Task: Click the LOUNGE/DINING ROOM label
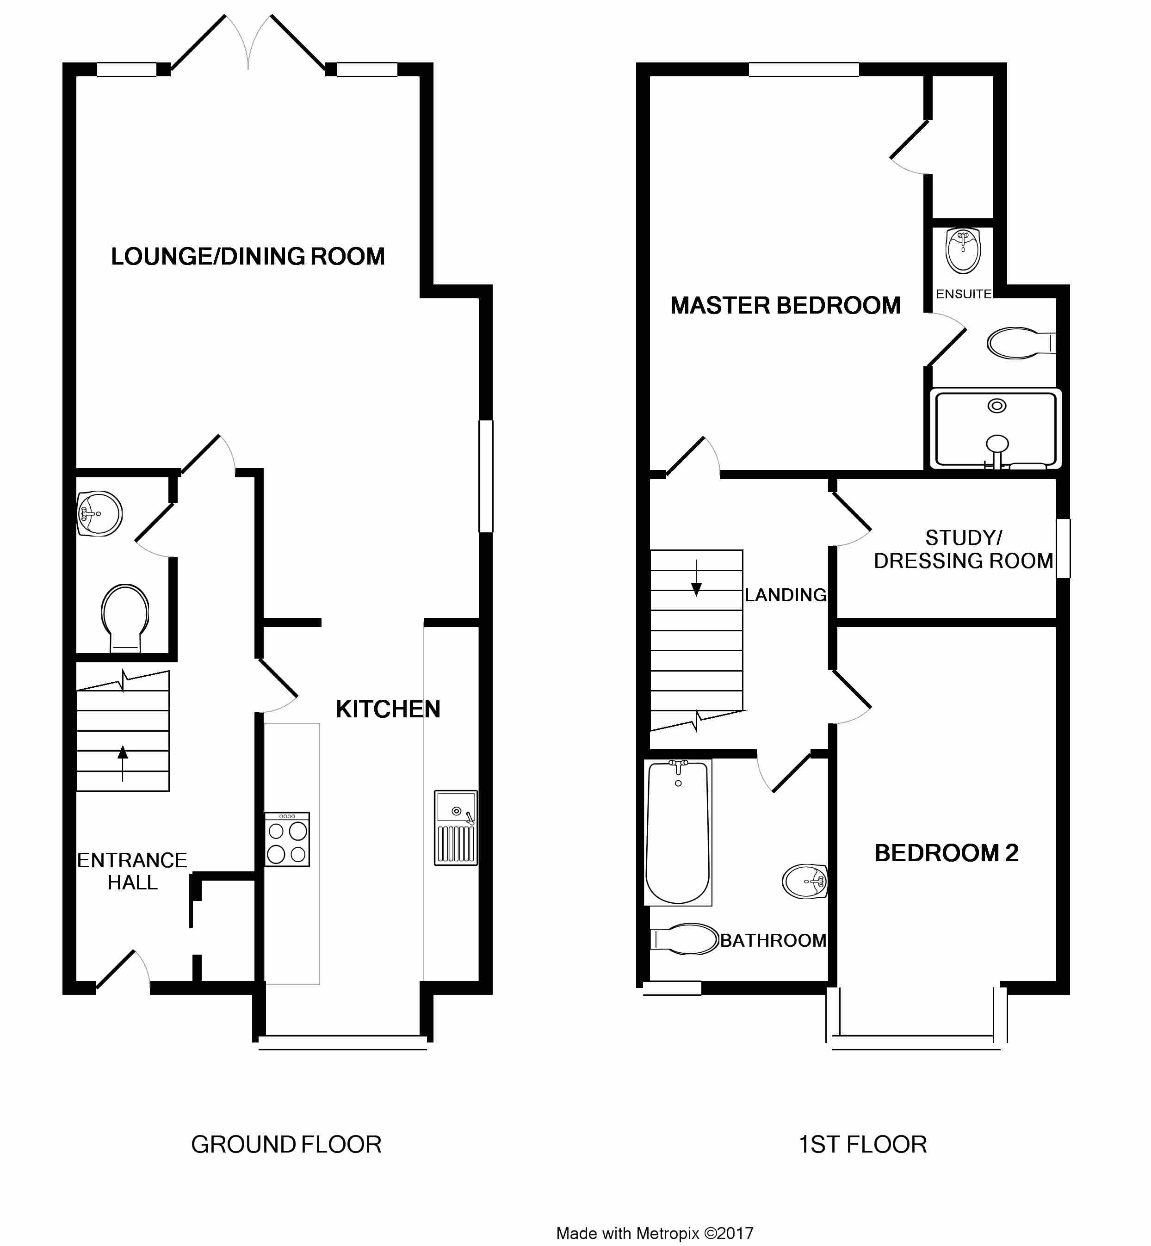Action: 248,257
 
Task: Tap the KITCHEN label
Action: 388,709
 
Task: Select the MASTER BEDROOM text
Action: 786,306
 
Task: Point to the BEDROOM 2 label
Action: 946,853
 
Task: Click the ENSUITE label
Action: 964,294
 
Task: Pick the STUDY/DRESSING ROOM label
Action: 964,549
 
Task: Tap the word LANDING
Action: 786,595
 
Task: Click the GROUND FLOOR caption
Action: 286,1145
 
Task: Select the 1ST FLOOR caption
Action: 863,1145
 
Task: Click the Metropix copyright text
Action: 655,1234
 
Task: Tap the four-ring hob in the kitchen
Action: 287,839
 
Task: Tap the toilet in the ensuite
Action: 1021,343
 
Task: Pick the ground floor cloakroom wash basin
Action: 99,514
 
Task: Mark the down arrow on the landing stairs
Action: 696,579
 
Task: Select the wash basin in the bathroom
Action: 804,882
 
